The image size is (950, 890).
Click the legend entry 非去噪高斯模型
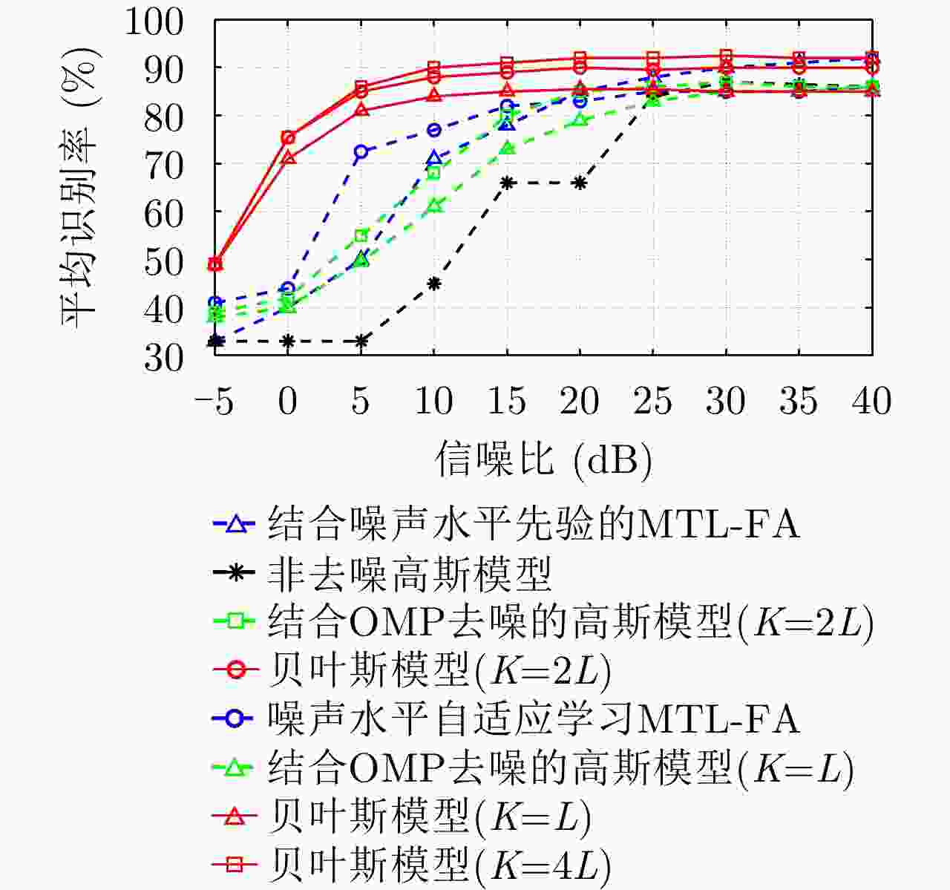pyautogui.click(x=409, y=573)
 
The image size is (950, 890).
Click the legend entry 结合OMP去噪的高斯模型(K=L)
pyautogui.click(x=560, y=768)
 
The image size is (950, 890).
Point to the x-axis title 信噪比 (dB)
pyautogui.click(x=543, y=458)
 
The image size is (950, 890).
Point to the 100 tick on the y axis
pyautogui.click(x=154, y=22)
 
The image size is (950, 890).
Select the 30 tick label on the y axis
pyautogui.click(x=163, y=357)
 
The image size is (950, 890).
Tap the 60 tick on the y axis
pyautogui.click(x=163, y=213)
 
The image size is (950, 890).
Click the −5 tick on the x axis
pyautogui.click(x=214, y=402)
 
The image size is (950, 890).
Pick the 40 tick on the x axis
pyautogui.click(x=871, y=402)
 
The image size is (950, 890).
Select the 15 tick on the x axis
pyautogui.click(x=507, y=402)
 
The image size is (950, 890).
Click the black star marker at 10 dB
pyautogui.click(x=434, y=283)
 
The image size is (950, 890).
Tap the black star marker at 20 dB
pyautogui.click(x=580, y=183)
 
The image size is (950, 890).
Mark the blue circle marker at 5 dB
pyautogui.click(x=361, y=151)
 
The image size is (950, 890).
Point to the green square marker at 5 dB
pyautogui.click(x=361, y=235)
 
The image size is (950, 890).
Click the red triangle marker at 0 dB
pyautogui.click(x=288, y=158)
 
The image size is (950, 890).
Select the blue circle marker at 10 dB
pyautogui.click(x=434, y=130)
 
